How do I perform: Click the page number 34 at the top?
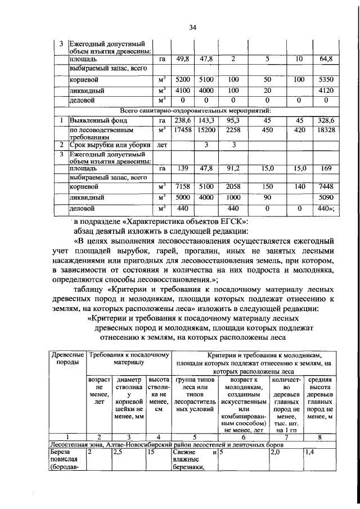[x=192, y=26]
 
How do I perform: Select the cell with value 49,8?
[x=181, y=58]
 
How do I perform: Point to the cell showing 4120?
[x=326, y=90]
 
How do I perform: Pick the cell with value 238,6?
[x=181, y=120]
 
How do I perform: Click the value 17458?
[x=181, y=130]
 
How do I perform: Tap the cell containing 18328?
[x=326, y=130]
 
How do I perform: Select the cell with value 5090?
[x=326, y=197]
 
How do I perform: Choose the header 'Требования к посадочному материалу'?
[x=129, y=360]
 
